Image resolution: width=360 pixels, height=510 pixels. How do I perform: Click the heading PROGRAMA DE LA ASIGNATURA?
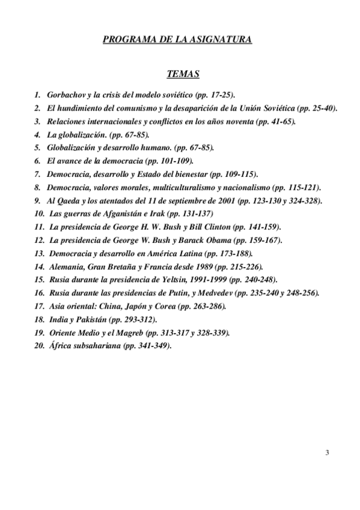tap(177, 40)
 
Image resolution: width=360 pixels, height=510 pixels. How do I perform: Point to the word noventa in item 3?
tap(224, 121)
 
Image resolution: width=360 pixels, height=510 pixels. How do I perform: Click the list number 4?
tap(37, 135)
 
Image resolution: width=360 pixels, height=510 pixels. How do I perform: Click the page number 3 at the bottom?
tap(326, 453)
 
